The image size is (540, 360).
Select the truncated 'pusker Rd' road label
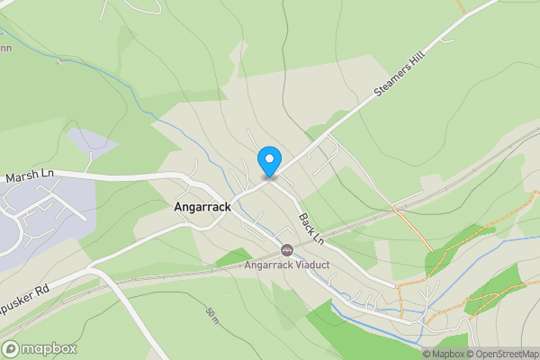(23, 296)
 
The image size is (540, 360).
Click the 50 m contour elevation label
(213, 314)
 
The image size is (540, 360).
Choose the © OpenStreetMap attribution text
(501, 354)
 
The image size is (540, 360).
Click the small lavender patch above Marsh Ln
(90, 142)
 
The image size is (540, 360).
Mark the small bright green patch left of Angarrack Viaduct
(232, 257)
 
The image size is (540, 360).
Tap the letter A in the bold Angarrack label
(176, 206)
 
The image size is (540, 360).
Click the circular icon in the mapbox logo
(11, 349)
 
